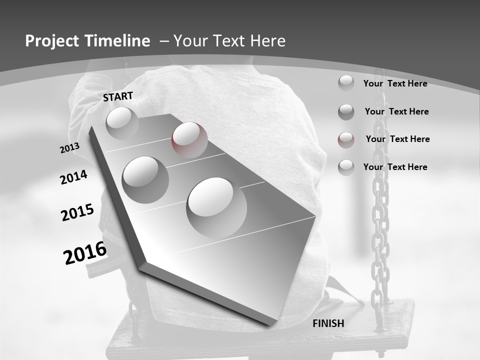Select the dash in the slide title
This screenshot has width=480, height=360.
164,41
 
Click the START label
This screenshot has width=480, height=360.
118,96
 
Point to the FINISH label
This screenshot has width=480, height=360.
328,323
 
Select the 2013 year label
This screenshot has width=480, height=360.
69,148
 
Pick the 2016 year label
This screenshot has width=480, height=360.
85,253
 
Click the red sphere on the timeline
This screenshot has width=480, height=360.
189,139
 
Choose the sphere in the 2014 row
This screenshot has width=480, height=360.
145,179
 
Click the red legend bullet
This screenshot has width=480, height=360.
346,139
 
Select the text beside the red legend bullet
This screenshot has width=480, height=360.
397,139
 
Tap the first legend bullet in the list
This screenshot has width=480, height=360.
346,83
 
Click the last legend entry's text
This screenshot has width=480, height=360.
395,167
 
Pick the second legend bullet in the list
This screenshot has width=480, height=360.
346,111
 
